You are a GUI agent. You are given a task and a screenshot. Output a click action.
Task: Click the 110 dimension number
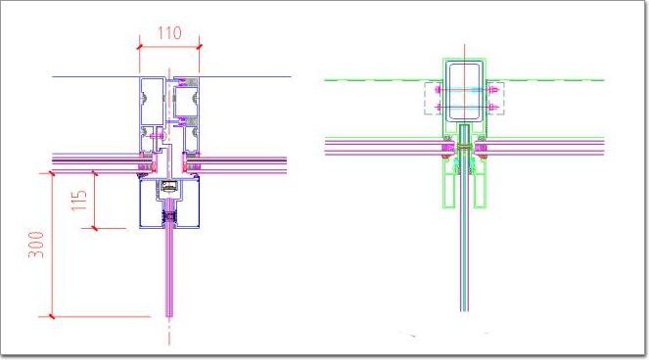tap(169, 33)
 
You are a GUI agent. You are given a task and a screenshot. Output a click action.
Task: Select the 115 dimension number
tap(79, 201)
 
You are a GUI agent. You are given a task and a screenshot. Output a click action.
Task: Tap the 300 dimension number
tap(36, 245)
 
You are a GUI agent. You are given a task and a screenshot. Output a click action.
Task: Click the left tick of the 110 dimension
tap(139, 47)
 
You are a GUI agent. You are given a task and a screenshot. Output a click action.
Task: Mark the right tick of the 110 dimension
tap(199, 47)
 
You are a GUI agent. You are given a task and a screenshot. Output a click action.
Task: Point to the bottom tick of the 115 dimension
tap(95, 228)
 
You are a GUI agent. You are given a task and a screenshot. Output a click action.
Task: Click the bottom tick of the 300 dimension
tap(52, 317)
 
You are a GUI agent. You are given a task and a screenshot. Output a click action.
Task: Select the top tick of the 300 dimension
tap(52, 173)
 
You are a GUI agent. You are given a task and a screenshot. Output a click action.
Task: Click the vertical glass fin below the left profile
tap(169, 273)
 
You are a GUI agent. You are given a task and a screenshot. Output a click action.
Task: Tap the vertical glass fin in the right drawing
tap(464, 248)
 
